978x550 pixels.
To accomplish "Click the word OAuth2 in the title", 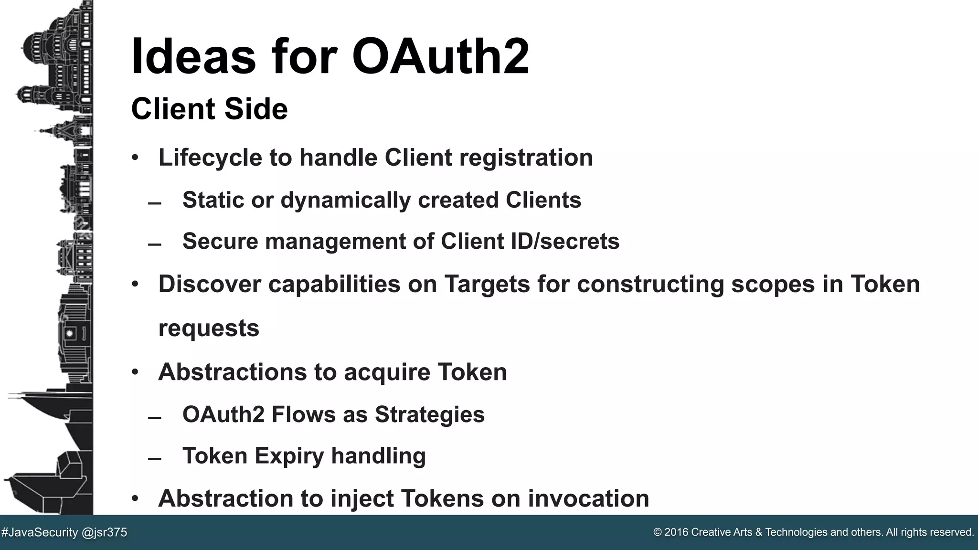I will [440, 56].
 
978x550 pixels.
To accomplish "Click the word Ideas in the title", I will [193, 56].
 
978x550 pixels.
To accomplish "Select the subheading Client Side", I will [209, 109].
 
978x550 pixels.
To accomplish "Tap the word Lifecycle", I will [210, 158].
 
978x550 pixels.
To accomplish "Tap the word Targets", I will [487, 284].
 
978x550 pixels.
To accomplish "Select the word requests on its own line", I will [209, 328].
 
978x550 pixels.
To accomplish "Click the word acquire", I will [387, 372].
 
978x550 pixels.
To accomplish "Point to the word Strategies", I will [429, 414].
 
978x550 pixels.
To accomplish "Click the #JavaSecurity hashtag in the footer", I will [40, 532].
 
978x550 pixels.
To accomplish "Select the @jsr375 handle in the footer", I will [105, 532].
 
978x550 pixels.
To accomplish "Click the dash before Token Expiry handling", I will [154, 459].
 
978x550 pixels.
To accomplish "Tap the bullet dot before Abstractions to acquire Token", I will [135, 372].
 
